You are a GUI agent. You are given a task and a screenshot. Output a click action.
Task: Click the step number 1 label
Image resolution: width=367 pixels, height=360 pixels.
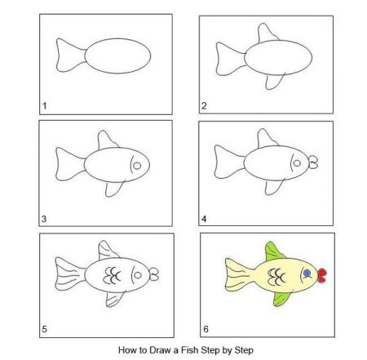point(45,106)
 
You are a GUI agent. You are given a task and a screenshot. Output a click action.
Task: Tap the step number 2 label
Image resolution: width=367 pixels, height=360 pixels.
point(204,106)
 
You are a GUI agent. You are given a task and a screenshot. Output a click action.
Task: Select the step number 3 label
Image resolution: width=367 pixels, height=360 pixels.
point(44,219)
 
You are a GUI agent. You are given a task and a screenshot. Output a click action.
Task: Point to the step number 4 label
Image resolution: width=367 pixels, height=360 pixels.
point(204,219)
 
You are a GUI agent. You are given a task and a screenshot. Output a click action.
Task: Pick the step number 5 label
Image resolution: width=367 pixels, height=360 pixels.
point(44,329)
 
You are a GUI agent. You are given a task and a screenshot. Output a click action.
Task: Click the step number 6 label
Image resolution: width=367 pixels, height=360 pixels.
point(206,329)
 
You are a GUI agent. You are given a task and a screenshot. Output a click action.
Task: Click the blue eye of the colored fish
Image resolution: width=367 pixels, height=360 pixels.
point(307,273)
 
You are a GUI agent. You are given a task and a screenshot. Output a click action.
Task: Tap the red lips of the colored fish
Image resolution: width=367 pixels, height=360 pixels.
point(322,275)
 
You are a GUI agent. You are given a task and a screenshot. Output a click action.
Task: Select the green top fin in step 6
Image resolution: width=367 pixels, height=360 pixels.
point(273,251)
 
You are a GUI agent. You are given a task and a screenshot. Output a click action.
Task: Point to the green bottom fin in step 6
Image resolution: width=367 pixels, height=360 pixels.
point(281,299)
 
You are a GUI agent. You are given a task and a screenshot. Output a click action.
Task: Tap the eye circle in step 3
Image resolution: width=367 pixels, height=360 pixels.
point(137,166)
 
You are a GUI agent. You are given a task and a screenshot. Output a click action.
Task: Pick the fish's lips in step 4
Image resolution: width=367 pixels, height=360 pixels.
point(313,162)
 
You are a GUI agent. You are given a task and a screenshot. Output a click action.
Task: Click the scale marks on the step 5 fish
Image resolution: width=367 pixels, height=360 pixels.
point(112,275)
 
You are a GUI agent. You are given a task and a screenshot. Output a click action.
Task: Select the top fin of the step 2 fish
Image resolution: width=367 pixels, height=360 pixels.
point(268,33)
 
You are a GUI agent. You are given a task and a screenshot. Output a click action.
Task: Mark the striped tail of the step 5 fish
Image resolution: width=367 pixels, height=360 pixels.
point(70,273)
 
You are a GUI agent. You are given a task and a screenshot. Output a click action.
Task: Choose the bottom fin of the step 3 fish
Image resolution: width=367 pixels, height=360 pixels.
point(114,189)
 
